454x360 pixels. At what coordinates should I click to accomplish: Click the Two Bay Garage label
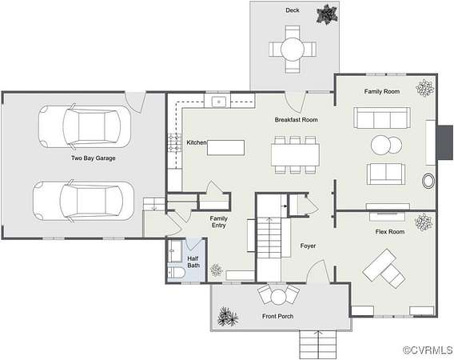pyautogui.click(x=94, y=158)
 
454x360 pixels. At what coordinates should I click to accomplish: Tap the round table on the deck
pyautogui.click(x=293, y=49)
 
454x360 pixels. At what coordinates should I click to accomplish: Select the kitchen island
pyautogui.click(x=225, y=147)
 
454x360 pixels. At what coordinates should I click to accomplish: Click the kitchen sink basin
pyautogui.click(x=219, y=102)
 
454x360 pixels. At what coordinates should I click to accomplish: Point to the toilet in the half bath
pyautogui.click(x=176, y=273)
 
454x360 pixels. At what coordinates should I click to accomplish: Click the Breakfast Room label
pyautogui.click(x=296, y=119)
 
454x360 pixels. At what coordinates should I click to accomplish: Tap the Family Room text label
pyautogui.click(x=382, y=91)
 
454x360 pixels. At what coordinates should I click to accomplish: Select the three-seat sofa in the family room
pyautogui.click(x=382, y=118)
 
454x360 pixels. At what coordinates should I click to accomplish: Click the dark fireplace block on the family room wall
pyautogui.click(x=445, y=142)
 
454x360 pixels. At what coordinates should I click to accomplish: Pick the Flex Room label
pyautogui.click(x=390, y=231)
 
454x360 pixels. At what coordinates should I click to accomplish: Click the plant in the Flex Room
pyautogui.click(x=424, y=222)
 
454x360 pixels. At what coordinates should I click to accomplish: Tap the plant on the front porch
pyautogui.click(x=228, y=317)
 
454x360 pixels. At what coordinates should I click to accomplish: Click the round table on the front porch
pyautogui.click(x=278, y=297)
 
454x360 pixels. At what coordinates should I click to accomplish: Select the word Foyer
pyautogui.click(x=308, y=246)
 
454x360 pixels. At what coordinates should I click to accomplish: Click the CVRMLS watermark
pyautogui.click(x=428, y=350)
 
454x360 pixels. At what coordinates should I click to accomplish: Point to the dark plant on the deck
pyautogui.click(x=327, y=14)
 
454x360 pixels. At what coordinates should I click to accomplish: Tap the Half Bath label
pyautogui.click(x=193, y=262)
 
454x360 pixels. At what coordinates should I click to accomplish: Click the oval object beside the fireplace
pyautogui.click(x=428, y=181)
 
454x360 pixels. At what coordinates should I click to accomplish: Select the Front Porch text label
pyautogui.click(x=277, y=316)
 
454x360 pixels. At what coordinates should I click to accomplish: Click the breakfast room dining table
pyautogui.click(x=295, y=155)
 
